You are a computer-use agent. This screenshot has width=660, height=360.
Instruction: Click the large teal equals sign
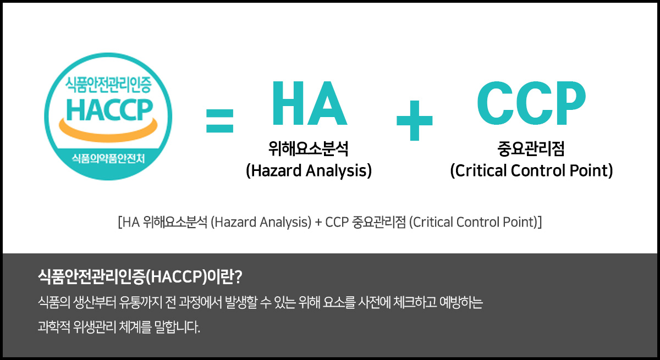coord(220,121)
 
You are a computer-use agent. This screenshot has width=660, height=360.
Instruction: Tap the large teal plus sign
coord(415,120)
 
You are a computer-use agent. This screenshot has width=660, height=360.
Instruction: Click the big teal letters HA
coord(309,103)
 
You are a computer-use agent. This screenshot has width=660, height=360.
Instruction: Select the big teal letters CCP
coord(531,103)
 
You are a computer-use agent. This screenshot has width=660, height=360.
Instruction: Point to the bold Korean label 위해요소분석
coord(309,148)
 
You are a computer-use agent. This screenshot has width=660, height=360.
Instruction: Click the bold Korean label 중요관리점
coord(531,148)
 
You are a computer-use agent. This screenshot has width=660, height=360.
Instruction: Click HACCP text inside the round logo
coord(109,110)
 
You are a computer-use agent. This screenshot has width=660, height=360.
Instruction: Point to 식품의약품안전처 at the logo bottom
coord(108,159)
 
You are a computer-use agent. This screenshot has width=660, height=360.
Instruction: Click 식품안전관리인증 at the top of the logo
coord(108,85)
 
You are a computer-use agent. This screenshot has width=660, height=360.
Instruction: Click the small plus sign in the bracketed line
coord(318,223)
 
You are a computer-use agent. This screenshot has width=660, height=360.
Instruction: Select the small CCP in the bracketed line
coord(337,222)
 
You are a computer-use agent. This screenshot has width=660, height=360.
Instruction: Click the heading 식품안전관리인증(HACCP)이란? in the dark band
coord(140,276)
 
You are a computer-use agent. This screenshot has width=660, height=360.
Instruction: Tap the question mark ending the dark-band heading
coord(238,276)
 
